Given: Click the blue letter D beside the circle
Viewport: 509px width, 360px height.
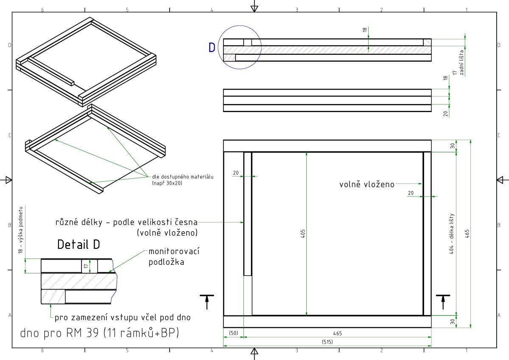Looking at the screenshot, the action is [x=212, y=48].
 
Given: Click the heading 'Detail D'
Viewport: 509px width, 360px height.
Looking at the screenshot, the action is [x=78, y=245].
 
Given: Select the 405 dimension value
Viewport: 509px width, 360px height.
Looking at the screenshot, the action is [x=303, y=234].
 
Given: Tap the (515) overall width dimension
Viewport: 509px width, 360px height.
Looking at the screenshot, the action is [x=327, y=342].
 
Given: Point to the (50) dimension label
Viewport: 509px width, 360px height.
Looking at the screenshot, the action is [x=233, y=333].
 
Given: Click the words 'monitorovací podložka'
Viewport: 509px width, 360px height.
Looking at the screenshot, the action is [x=174, y=256].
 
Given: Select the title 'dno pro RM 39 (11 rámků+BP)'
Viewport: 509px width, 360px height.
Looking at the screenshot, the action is [x=100, y=333].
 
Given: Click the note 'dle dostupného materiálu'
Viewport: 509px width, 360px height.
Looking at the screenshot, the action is [x=183, y=177].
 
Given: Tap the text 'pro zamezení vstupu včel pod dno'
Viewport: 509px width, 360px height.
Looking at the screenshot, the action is [x=123, y=318].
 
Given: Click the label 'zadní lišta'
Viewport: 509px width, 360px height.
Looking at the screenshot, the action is [x=461, y=62].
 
